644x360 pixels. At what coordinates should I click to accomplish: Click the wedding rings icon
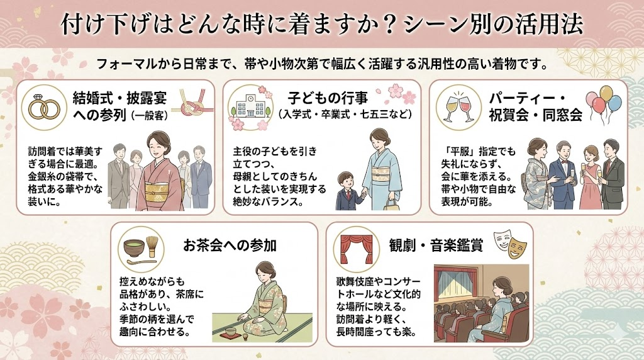click(44, 108)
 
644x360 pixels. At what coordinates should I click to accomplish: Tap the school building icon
click(250, 106)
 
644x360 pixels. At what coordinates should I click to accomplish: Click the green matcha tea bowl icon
click(135, 248)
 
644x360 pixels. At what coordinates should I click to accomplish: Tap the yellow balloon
click(606, 93)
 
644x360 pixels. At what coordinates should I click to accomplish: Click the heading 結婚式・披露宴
click(119, 98)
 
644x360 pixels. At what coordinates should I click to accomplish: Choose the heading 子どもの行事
click(328, 98)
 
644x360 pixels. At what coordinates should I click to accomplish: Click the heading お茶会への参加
click(230, 245)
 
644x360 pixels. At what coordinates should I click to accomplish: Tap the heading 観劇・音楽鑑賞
click(436, 245)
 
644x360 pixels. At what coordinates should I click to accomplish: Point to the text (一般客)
click(150, 116)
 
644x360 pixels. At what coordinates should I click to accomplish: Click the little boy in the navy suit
click(347, 191)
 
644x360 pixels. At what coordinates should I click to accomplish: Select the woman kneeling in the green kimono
click(264, 301)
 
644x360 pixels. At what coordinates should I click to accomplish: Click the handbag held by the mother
click(391, 204)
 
